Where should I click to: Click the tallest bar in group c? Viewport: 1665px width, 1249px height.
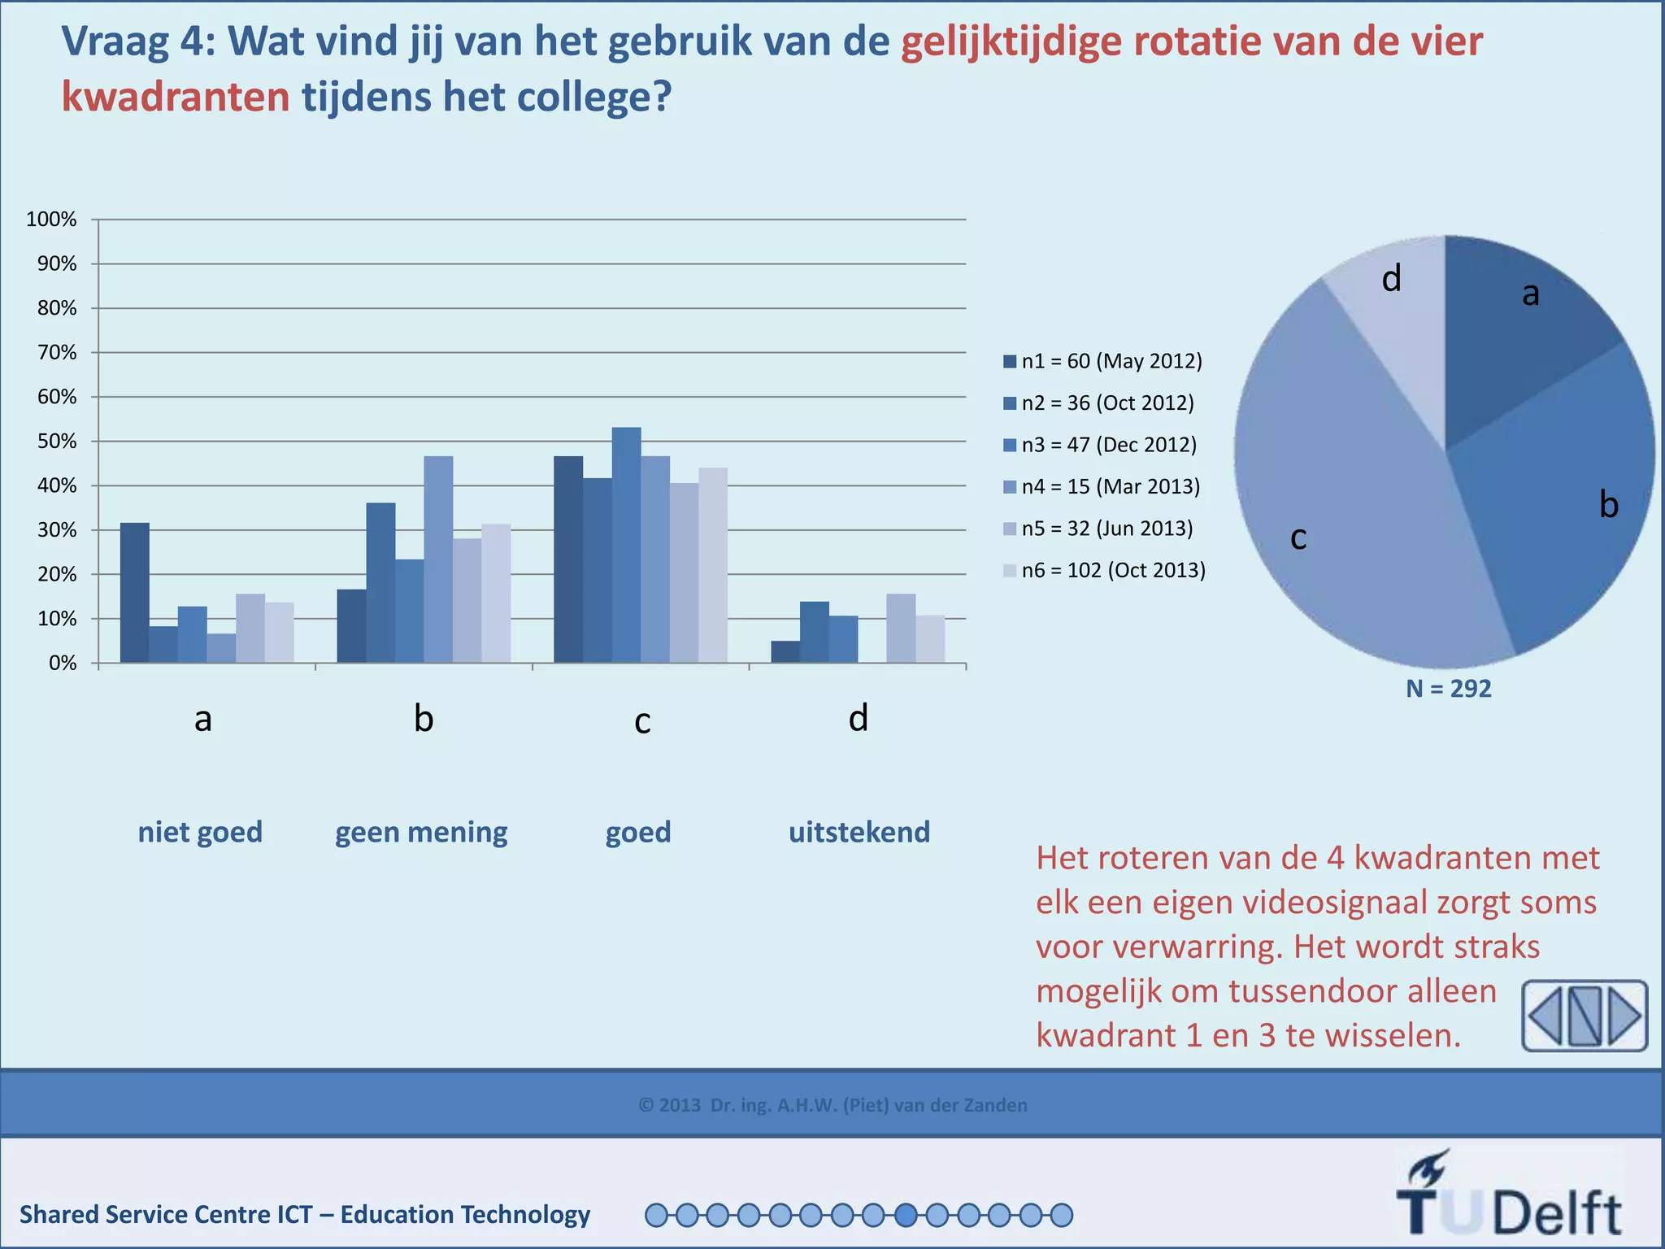click(626, 545)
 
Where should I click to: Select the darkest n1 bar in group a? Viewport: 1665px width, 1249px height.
click(134, 593)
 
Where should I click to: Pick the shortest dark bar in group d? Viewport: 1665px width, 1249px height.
click(785, 652)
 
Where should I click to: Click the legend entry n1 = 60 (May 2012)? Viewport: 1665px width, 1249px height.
click(1103, 361)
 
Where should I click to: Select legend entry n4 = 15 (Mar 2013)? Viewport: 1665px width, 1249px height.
click(1102, 486)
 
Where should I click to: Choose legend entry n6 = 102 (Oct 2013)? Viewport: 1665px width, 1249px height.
click(1105, 570)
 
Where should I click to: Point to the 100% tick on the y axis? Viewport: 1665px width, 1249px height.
click(51, 220)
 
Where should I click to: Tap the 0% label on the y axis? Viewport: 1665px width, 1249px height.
click(62, 664)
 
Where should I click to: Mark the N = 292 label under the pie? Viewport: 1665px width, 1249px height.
click(1449, 689)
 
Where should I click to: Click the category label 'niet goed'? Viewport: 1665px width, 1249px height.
click(200, 832)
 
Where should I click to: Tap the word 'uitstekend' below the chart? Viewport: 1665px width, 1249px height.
click(859, 832)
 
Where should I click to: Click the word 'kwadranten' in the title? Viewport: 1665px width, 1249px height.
click(176, 97)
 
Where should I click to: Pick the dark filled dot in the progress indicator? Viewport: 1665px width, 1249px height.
click(906, 1216)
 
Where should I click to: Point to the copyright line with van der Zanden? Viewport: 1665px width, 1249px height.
click(832, 1105)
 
